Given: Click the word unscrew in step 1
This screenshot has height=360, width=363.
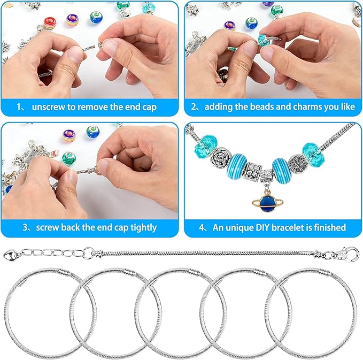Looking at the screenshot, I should click(x=49, y=106).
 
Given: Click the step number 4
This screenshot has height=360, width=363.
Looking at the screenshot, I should click(x=202, y=227).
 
